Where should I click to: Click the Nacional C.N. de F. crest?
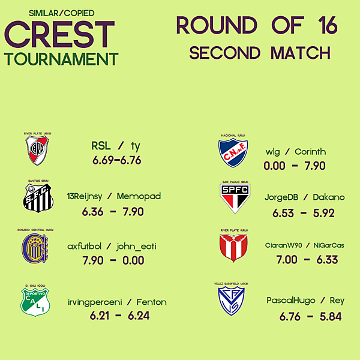click(233, 153)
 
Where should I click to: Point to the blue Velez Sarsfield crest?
click(230, 301)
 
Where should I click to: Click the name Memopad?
click(139, 196)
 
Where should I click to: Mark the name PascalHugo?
click(291, 301)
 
